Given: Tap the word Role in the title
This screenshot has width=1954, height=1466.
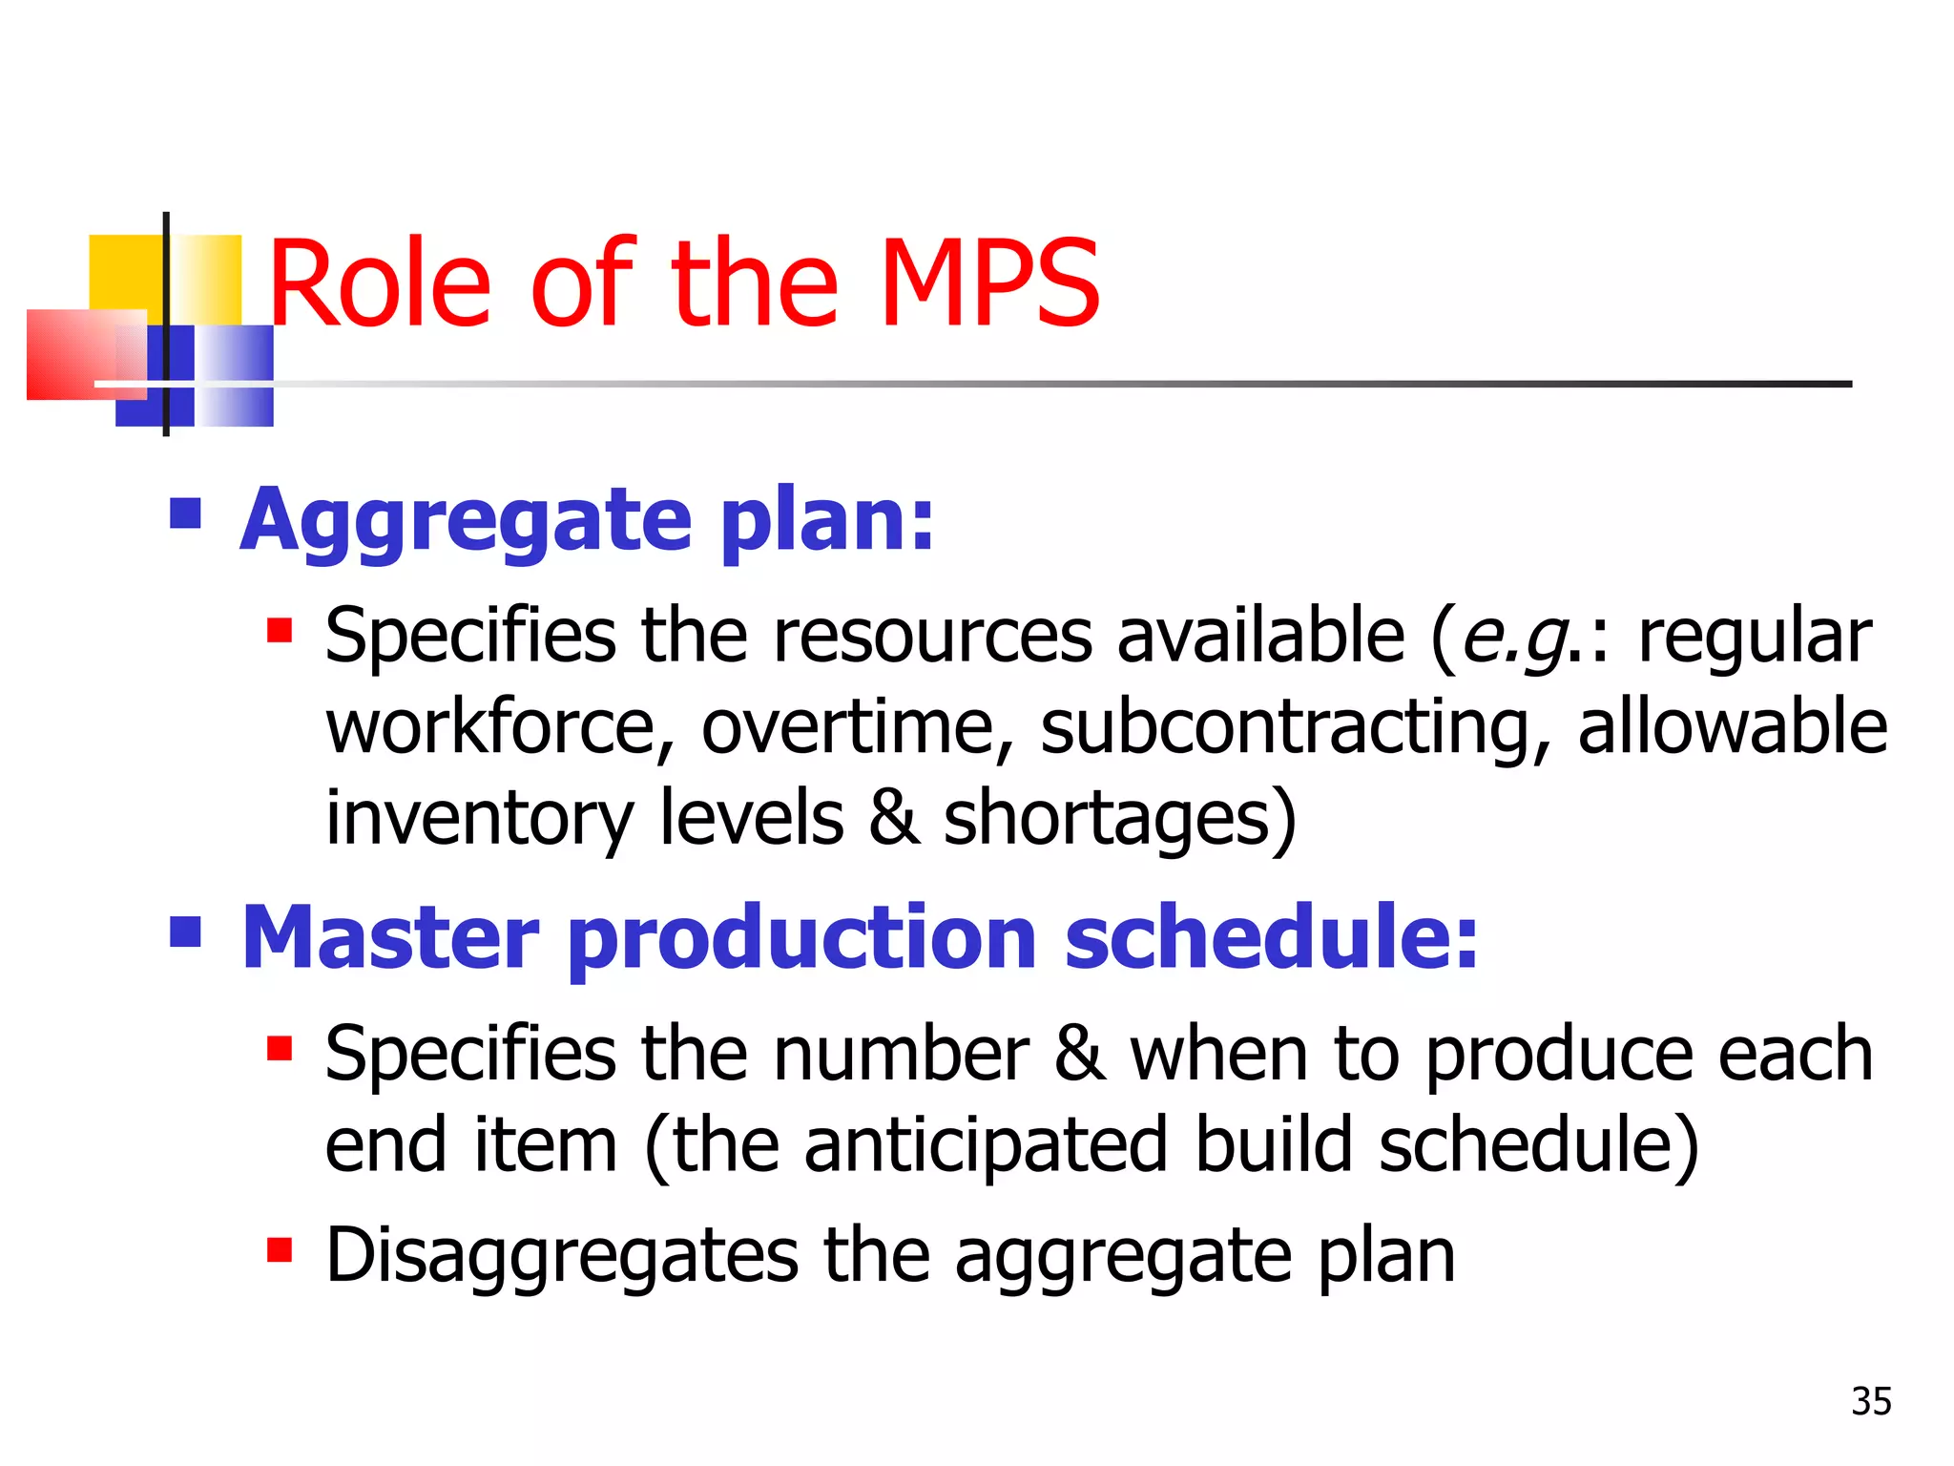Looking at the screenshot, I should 380,283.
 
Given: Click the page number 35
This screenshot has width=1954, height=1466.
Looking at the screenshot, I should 1871,1401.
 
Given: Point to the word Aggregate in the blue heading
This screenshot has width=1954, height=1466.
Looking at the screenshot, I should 466,521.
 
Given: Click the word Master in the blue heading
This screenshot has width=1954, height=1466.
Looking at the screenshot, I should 390,937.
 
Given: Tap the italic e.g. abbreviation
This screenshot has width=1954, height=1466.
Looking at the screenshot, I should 1516,638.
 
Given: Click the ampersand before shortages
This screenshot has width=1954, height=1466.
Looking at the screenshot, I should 894,819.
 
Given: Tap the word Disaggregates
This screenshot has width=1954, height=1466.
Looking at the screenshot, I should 561,1256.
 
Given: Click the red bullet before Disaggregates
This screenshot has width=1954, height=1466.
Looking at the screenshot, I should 280,1249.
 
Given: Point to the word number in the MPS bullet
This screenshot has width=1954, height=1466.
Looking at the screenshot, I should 901,1054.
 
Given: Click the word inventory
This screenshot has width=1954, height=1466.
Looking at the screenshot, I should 479,819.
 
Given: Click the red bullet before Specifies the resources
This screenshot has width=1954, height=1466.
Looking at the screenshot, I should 280,630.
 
